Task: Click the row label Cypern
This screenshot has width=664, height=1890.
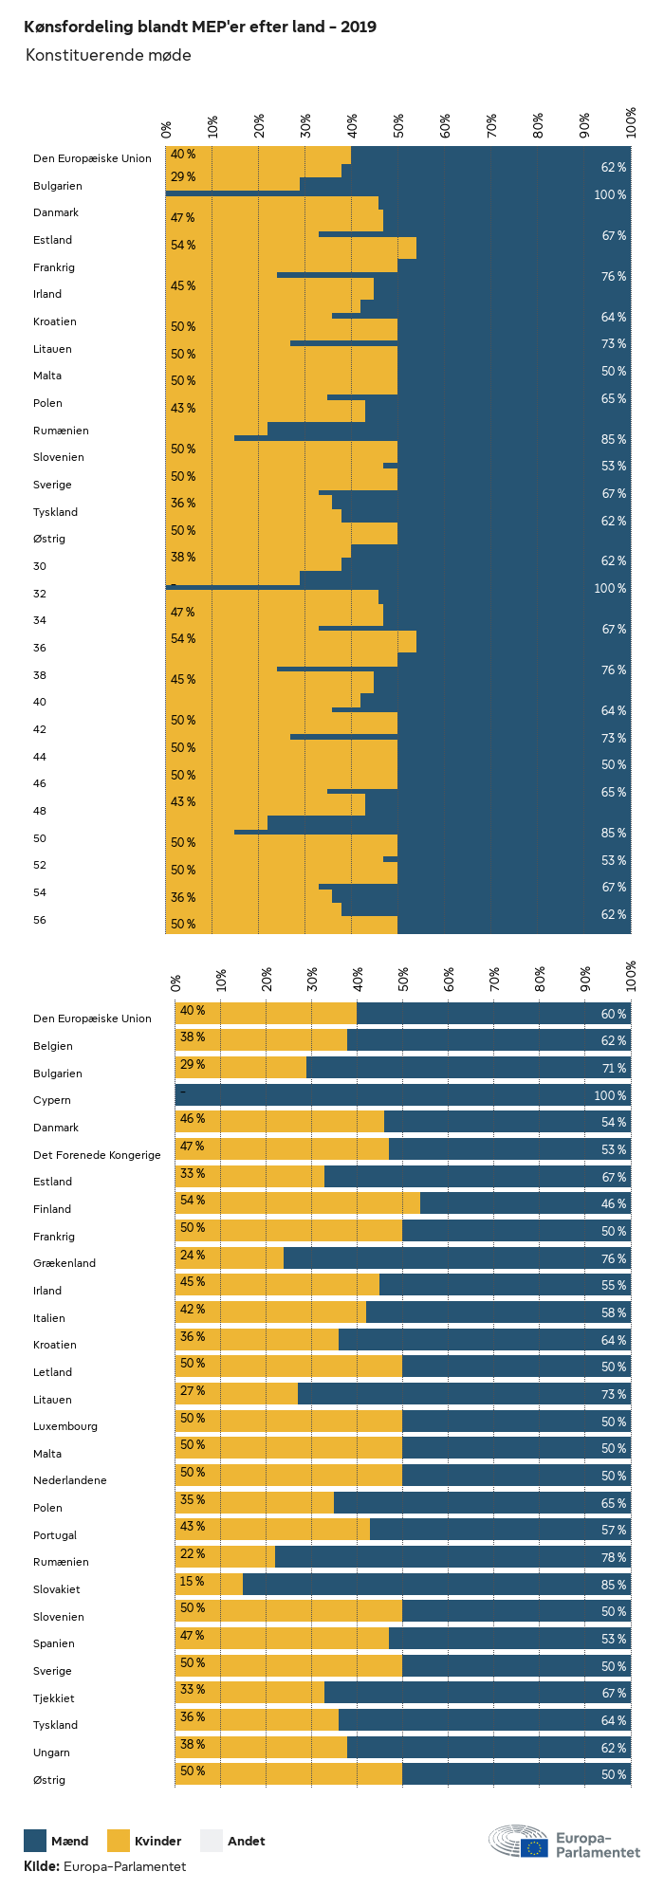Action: pos(52,1100)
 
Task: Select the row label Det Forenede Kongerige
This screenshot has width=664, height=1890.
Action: pos(97,1155)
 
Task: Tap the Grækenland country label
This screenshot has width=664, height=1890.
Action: pos(65,1263)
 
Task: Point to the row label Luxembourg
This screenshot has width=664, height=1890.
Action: pos(65,1426)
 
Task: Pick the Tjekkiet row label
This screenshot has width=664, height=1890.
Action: pos(54,1698)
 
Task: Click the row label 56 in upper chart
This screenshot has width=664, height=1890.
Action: pos(40,920)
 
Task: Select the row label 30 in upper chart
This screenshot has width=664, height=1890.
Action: pos(40,566)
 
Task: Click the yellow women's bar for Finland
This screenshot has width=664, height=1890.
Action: pos(298,1203)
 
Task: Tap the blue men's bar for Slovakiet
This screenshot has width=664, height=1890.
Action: pos(436,1585)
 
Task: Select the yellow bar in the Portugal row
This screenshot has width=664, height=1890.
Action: pos(273,1530)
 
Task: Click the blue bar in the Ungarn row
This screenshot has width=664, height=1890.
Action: pos(489,1748)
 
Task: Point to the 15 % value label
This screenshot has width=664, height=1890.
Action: pos(193,1582)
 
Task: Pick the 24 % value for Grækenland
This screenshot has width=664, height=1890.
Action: pos(193,1256)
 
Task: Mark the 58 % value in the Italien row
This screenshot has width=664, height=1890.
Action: pos(613,1312)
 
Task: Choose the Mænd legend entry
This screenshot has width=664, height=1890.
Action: pos(57,1841)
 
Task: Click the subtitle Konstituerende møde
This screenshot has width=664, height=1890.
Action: pos(108,55)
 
